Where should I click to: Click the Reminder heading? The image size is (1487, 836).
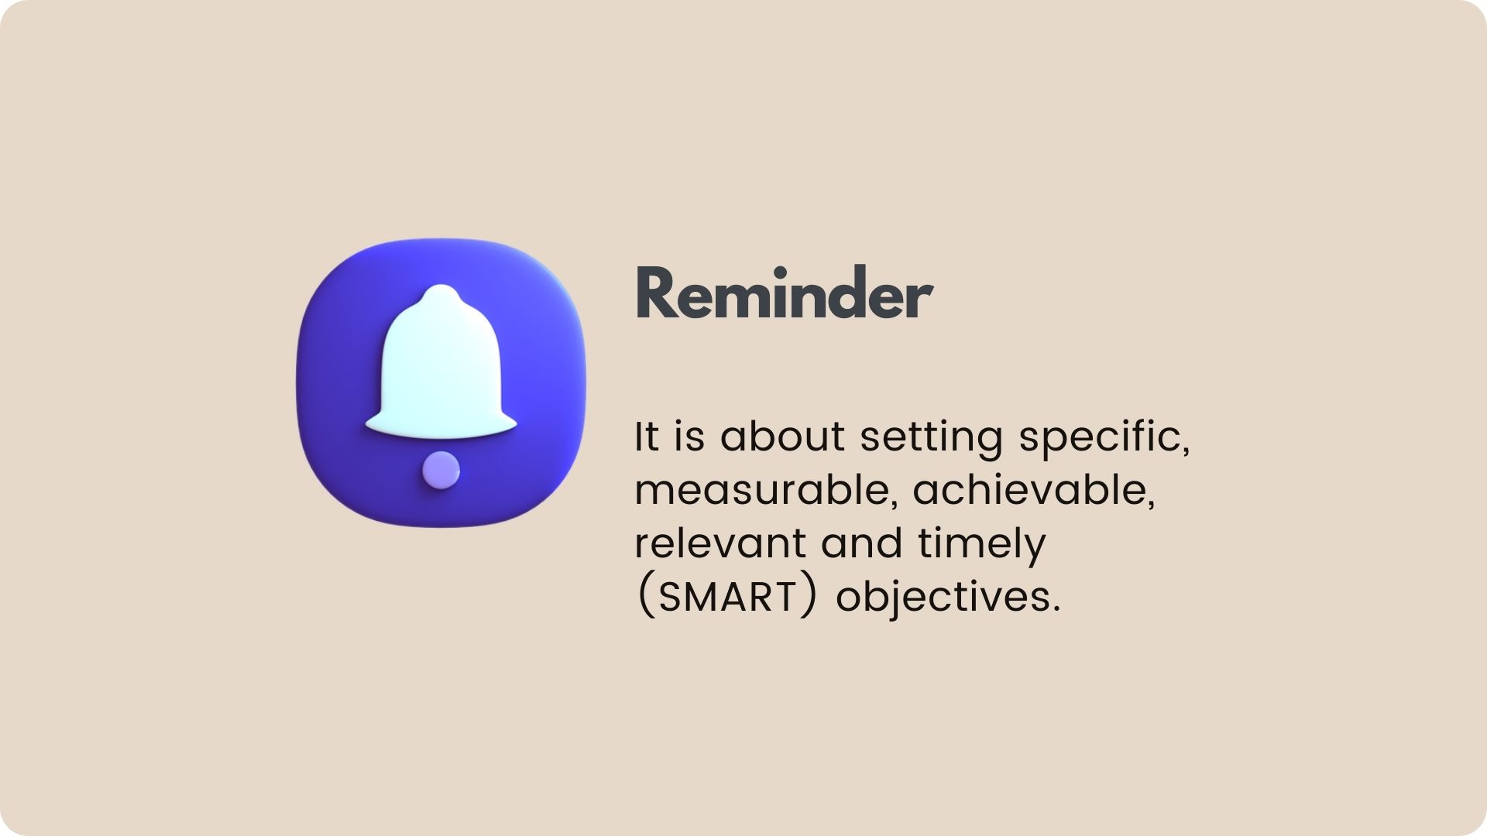(x=784, y=293)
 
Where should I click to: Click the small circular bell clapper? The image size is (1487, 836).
(x=441, y=470)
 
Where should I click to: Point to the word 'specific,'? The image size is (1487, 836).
(x=1104, y=438)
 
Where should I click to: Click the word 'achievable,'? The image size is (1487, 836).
(x=1034, y=490)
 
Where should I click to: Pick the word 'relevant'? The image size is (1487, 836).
(x=720, y=543)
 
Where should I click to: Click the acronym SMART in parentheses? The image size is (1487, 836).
(x=727, y=597)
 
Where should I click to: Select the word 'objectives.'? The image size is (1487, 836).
(x=947, y=598)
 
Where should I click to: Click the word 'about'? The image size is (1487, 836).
(x=782, y=437)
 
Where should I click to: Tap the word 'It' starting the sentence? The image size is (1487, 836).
(x=647, y=437)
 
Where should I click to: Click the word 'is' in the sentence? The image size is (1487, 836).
(x=689, y=437)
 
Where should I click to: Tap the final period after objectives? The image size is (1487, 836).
(x=1055, y=609)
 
